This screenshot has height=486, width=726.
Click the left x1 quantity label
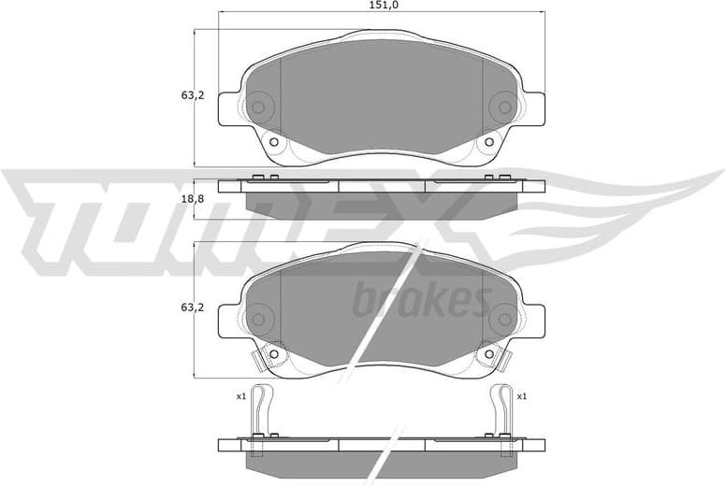(240, 396)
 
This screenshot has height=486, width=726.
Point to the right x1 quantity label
(521, 396)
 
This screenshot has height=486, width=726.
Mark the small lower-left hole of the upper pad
(274, 142)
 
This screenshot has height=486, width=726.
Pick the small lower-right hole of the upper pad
(487, 142)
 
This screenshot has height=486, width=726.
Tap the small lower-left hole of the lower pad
(274, 354)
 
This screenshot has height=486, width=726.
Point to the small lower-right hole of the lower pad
(487, 354)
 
